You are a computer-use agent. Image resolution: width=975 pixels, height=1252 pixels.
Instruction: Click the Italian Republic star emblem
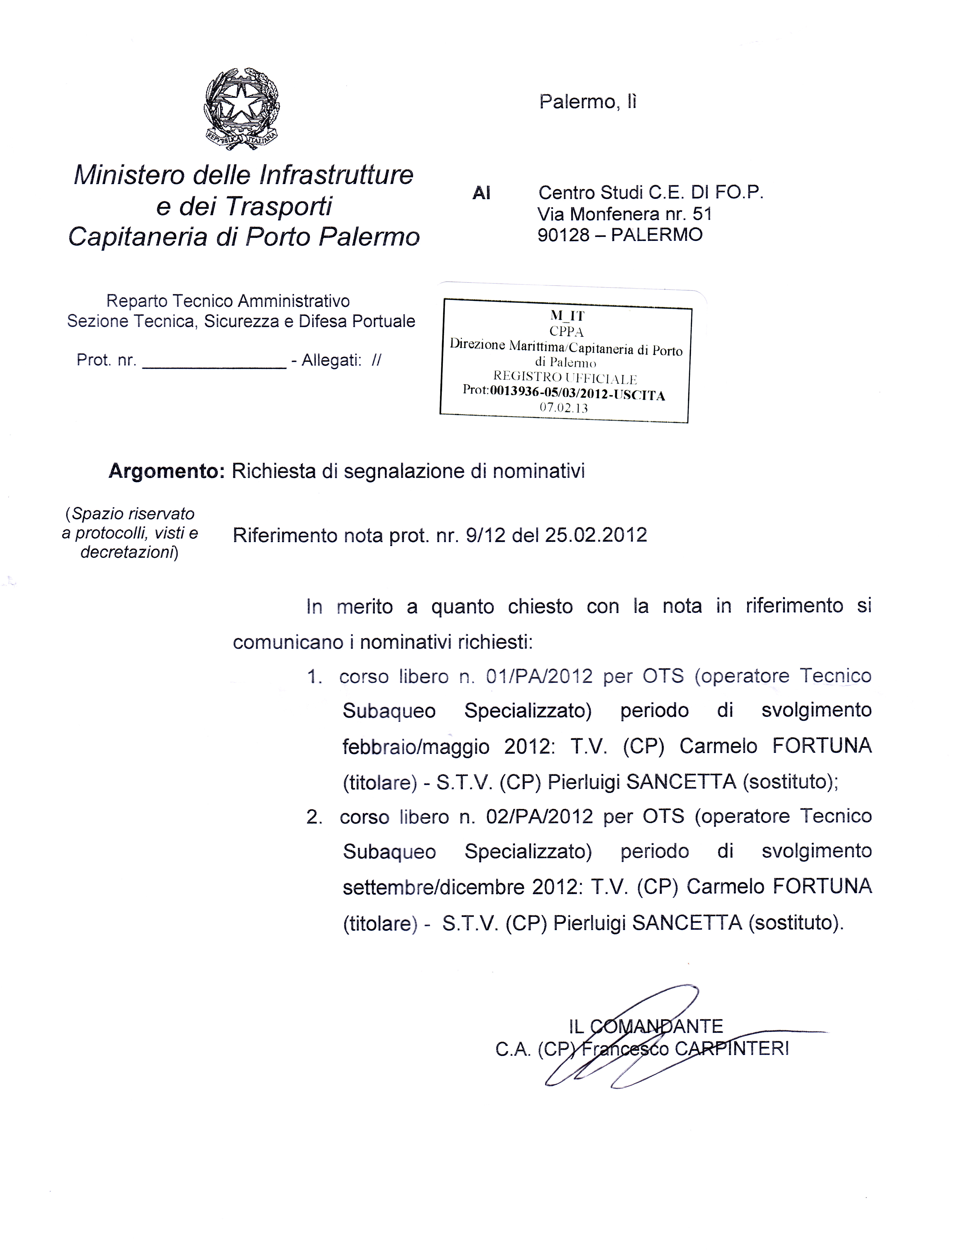[x=242, y=108]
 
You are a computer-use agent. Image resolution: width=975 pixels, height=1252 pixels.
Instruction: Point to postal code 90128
[x=563, y=235]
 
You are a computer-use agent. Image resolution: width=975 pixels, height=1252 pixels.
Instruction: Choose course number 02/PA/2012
[x=539, y=816]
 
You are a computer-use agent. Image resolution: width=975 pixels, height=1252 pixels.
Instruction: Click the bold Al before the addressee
[x=481, y=194]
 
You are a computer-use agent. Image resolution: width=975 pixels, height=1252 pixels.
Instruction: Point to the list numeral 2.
[x=314, y=817]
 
